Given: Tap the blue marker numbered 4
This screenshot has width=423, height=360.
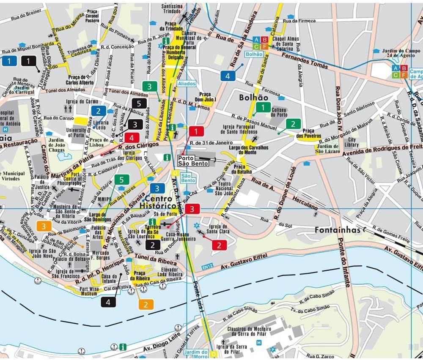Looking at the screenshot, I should (x=228, y=76).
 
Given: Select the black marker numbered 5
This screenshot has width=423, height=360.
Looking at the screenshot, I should (x=139, y=103).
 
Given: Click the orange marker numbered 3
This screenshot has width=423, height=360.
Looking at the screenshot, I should (x=44, y=226).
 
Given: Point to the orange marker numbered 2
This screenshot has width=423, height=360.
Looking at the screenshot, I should (x=146, y=304).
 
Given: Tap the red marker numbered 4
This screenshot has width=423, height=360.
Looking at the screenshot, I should (x=132, y=138).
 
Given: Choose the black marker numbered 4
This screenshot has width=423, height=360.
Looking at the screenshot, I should (x=108, y=302).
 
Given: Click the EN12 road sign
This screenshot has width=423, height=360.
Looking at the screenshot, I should (x=206, y=266).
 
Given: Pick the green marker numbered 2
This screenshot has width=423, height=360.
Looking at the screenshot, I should (x=293, y=124).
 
